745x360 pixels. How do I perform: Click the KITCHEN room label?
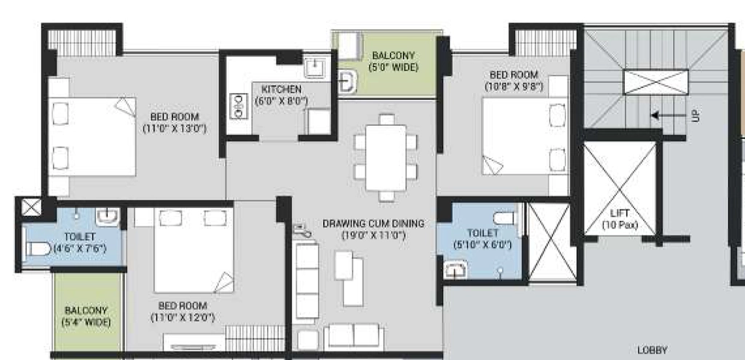(x=282, y=89)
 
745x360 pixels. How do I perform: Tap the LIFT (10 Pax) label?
(x=620, y=220)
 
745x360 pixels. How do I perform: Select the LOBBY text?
(x=652, y=351)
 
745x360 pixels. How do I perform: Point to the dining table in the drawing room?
(x=386, y=158)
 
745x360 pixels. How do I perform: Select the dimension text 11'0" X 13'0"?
(x=175, y=128)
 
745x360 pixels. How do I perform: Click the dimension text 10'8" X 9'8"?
(x=514, y=87)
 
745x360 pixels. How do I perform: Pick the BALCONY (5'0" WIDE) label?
(x=394, y=61)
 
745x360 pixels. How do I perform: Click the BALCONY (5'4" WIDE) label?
(x=86, y=316)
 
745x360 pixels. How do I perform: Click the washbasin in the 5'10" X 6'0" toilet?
(x=455, y=271)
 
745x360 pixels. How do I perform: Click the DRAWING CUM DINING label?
(x=373, y=223)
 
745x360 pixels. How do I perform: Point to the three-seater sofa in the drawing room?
(x=307, y=281)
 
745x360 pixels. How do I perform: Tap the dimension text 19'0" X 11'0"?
(x=373, y=235)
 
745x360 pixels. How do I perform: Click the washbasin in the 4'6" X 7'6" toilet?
(x=108, y=217)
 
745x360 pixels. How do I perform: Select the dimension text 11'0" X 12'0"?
(x=183, y=317)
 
